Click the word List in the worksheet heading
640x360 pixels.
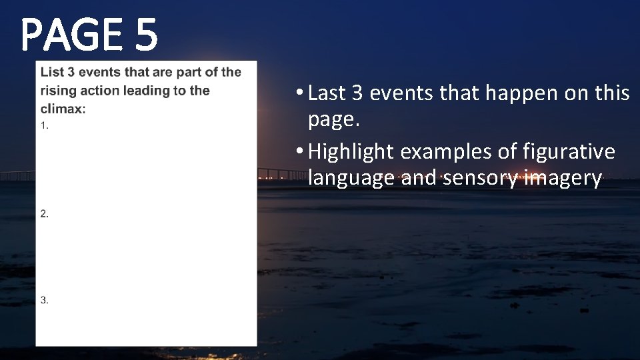point(51,72)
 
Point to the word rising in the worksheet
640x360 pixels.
point(55,91)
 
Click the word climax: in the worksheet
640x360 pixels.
point(63,109)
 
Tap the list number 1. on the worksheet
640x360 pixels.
point(44,126)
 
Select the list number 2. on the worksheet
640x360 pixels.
point(44,213)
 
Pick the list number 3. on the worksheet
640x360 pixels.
point(44,300)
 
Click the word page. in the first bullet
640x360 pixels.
point(331,121)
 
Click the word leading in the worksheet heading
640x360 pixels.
point(147,91)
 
